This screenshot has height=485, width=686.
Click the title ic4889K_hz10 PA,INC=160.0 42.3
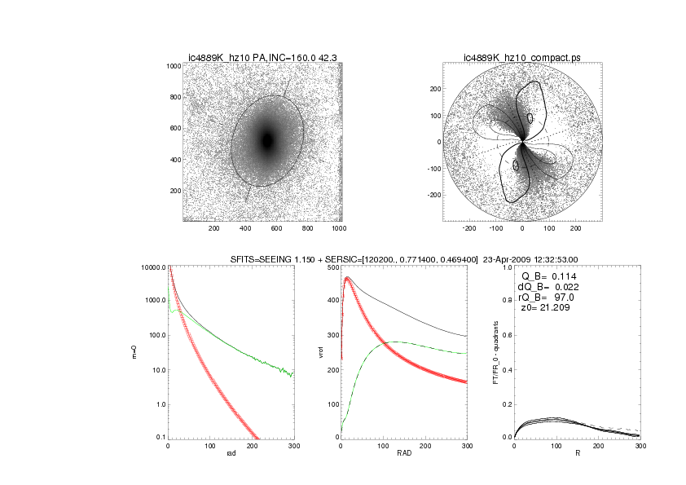coord(262,57)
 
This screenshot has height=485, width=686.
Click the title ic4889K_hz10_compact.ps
coord(521,57)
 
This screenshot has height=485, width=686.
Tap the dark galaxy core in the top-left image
coord(267,140)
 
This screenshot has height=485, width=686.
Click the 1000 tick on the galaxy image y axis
coord(172,66)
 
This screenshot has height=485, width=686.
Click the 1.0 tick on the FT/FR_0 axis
coord(505,267)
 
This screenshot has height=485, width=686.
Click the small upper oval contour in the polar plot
coord(530,118)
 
